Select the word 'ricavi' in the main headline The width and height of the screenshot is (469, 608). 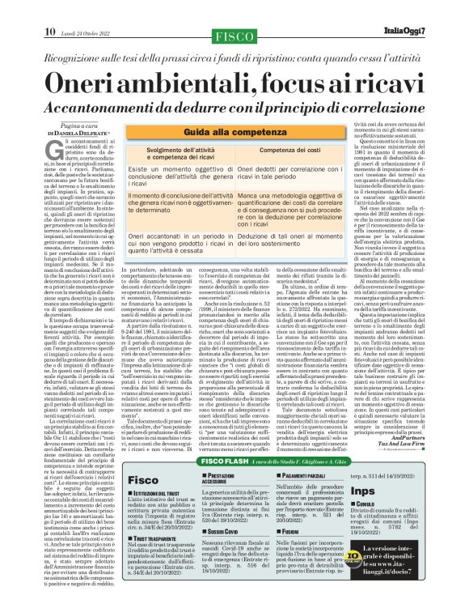(378, 84)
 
